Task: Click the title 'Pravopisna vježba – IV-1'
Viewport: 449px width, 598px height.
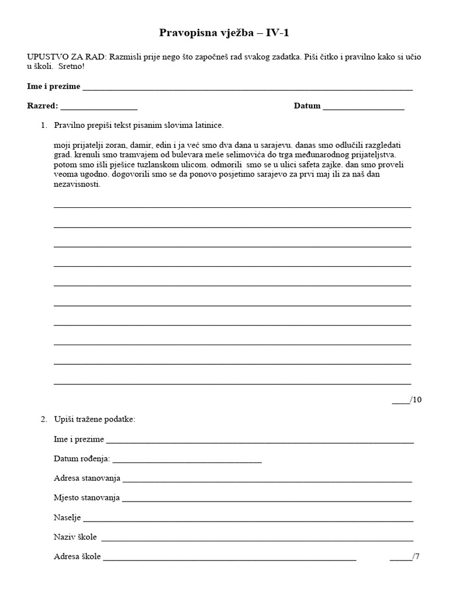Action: (224, 33)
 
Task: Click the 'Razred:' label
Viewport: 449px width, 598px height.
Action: (43, 106)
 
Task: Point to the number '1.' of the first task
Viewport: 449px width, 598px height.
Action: (44, 125)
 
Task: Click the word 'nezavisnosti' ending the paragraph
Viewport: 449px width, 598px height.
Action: (75, 184)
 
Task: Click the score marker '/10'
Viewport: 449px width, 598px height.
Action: (415, 399)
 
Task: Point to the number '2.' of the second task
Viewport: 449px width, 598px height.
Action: (44, 419)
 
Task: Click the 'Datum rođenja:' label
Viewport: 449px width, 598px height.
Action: (81, 459)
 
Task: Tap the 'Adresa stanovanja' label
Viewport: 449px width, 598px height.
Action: (87, 478)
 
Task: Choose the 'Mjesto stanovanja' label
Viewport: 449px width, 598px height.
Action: (87, 498)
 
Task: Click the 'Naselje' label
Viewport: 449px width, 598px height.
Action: (67, 517)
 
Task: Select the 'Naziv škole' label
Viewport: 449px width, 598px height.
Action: (75, 537)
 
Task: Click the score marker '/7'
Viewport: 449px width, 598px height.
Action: (416, 557)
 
